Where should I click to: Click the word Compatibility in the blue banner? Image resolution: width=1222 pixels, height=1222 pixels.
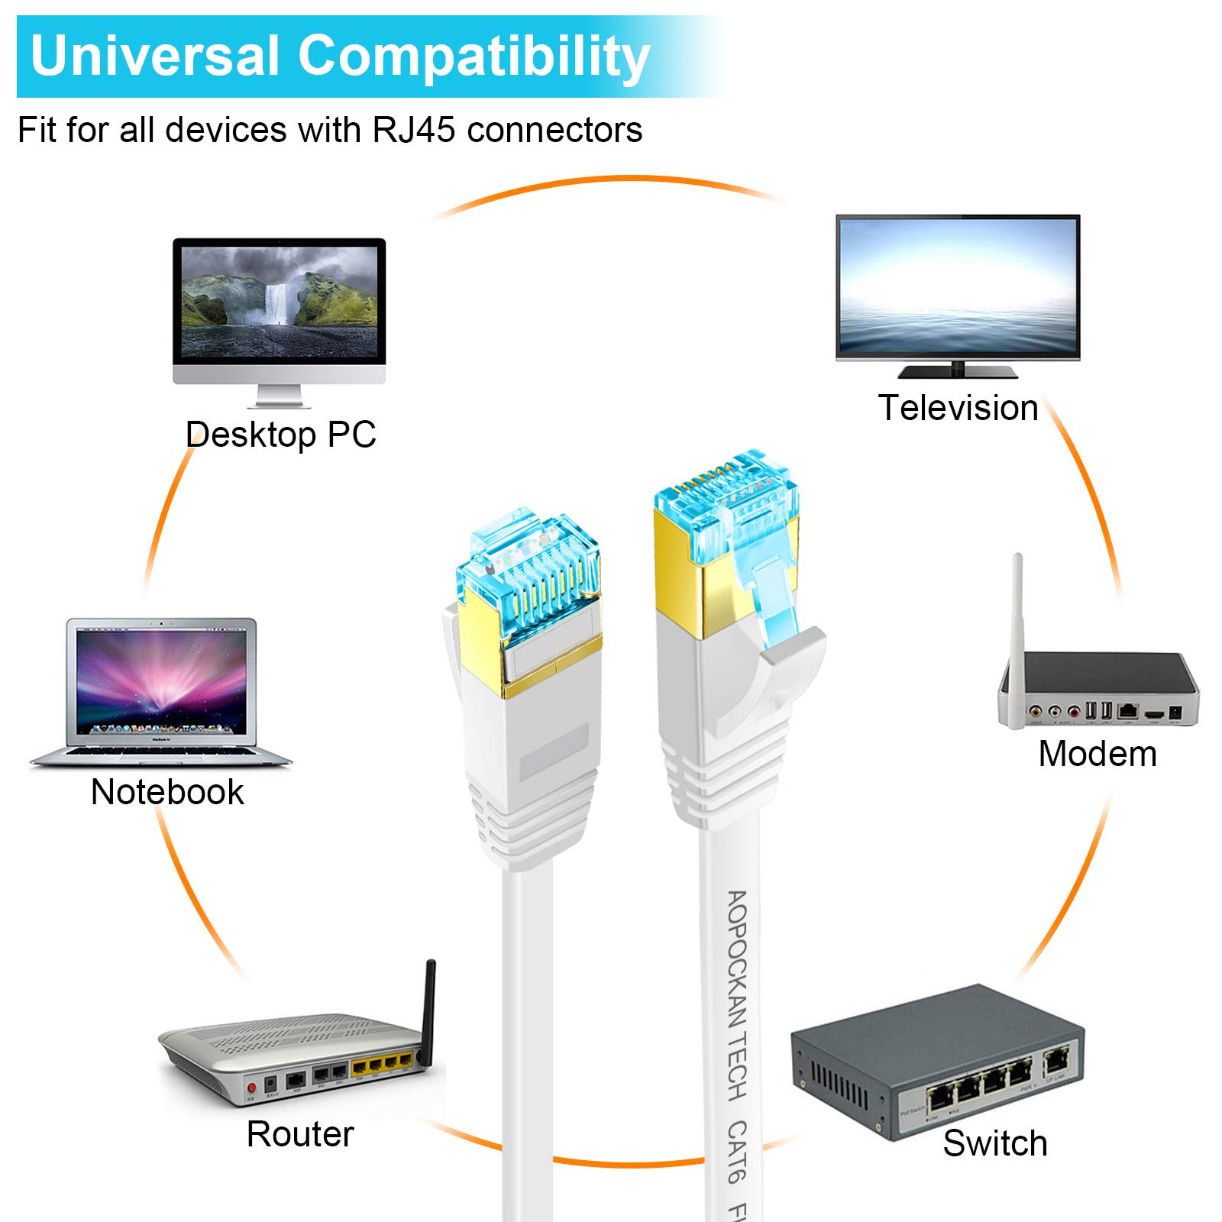tap(474, 57)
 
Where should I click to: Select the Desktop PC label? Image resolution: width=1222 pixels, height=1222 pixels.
tap(280, 435)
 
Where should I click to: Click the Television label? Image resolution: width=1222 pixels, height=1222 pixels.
tap(958, 407)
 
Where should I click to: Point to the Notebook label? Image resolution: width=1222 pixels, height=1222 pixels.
tap(167, 791)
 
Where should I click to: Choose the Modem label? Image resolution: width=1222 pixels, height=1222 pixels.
tap(1097, 754)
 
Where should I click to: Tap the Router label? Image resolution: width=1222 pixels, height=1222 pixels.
tap(300, 1133)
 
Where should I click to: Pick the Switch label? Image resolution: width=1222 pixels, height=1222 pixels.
tap(994, 1143)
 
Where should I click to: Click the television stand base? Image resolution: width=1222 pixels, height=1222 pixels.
tap(958, 372)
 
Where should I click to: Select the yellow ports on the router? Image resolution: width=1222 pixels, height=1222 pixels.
tap(382, 1065)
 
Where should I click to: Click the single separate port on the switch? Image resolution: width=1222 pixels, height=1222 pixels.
tap(1056, 1061)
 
